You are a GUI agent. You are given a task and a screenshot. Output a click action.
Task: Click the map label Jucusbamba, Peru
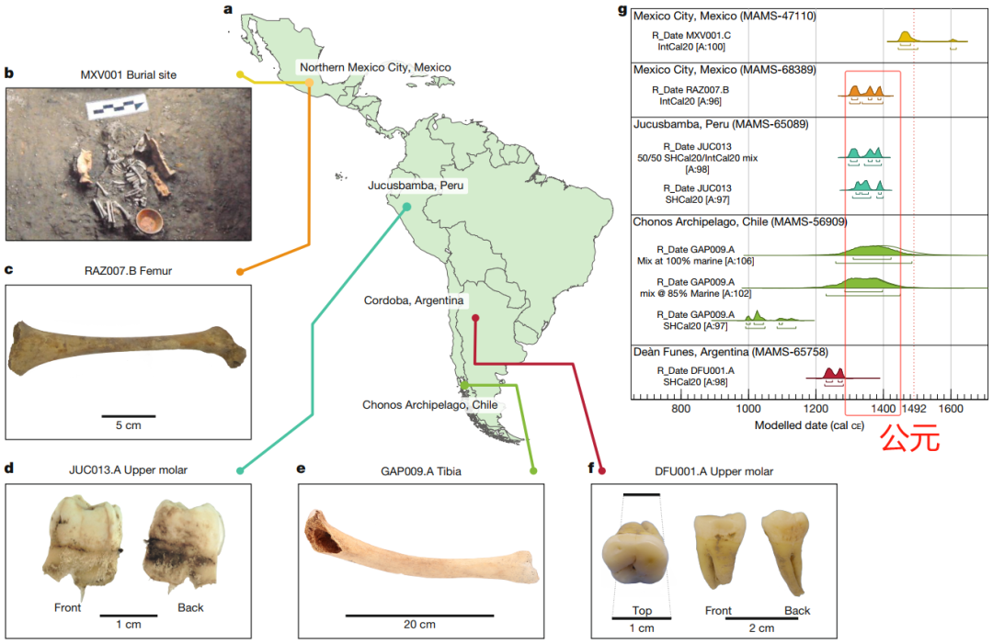tap(415, 186)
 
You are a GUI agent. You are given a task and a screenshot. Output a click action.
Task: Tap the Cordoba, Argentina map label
tap(416, 300)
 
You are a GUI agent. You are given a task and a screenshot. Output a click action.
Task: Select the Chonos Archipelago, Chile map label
tap(429, 404)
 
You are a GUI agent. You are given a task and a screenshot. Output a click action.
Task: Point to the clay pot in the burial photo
tap(148, 222)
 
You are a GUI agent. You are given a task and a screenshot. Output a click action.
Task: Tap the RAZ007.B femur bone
tap(127, 346)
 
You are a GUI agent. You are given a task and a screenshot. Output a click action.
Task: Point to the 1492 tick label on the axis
tap(915, 407)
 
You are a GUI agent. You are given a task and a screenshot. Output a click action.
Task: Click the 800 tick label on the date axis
tap(680, 407)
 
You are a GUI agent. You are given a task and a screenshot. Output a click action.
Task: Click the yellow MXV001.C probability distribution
tap(906, 37)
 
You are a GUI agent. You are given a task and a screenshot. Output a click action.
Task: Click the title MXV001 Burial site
tap(130, 74)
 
